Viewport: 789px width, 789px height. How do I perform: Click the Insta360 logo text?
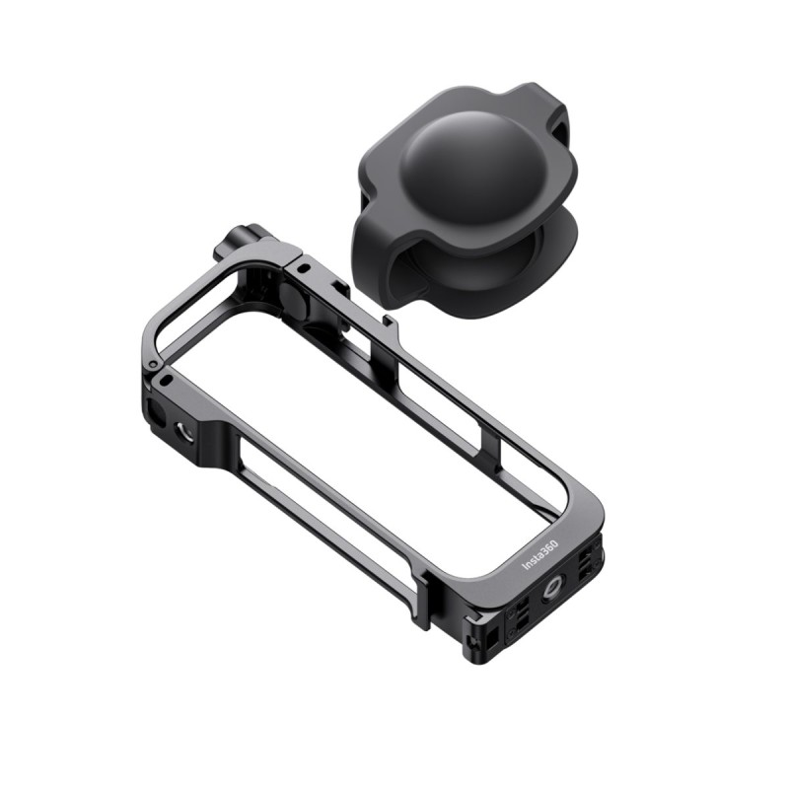(541, 559)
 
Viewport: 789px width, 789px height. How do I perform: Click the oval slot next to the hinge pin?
(168, 379)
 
